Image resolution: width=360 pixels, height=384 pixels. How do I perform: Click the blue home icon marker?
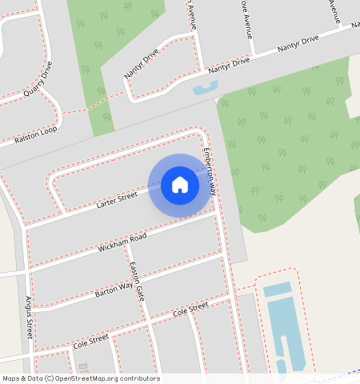pos(180,185)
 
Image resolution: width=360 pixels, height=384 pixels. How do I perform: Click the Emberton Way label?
pos(210,172)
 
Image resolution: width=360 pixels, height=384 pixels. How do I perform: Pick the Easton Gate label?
pos(138,282)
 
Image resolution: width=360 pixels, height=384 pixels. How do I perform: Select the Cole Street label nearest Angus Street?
pos(90,342)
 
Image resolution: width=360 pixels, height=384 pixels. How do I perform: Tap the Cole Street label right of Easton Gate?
pos(190,308)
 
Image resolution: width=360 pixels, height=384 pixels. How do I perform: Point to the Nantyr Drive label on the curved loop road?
pos(142,65)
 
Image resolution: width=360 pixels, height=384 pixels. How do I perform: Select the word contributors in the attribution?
pos(139,378)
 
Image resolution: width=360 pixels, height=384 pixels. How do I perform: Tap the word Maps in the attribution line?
pos(11,378)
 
